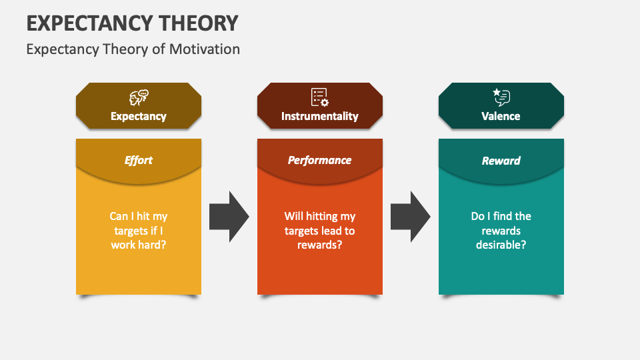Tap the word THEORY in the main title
[x=199, y=23]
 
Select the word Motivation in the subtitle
[x=205, y=49]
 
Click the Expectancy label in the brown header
[x=139, y=116]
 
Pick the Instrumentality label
[x=319, y=116]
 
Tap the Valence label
[x=501, y=116]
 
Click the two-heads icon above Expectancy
[x=139, y=97]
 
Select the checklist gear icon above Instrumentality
[x=319, y=97]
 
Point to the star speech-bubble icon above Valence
[x=501, y=97]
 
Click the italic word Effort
[x=139, y=160]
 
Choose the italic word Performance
[x=319, y=160]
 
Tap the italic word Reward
[x=501, y=161]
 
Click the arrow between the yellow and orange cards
[x=229, y=216]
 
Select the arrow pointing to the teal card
[x=410, y=216]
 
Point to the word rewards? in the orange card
[x=319, y=245]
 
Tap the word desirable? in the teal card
[x=501, y=245]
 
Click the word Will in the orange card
[x=293, y=216]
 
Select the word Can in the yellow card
[x=119, y=216]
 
